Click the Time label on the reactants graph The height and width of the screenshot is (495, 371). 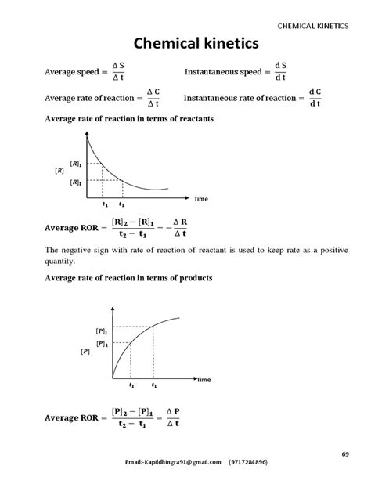pyautogui.click(x=201, y=199)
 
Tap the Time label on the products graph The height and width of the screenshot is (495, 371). pyautogui.click(x=204, y=379)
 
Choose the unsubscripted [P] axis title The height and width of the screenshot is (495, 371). pyautogui.click(x=85, y=352)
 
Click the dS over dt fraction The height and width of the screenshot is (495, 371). pyautogui.click(x=280, y=72)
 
